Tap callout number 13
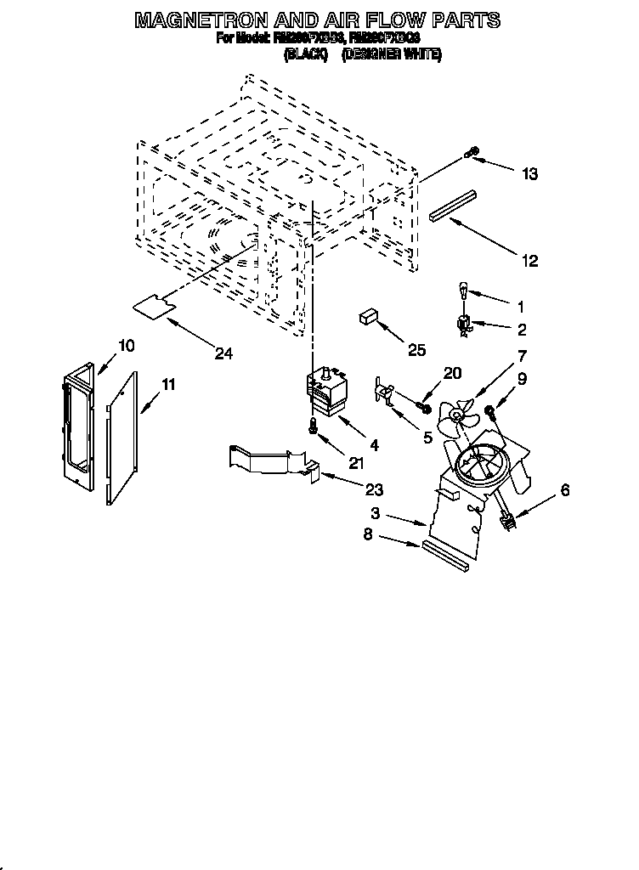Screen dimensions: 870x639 click(x=529, y=174)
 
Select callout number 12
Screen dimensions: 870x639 click(x=529, y=261)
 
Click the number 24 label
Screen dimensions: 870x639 click(x=223, y=353)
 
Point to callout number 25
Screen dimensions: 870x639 click(x=416, y=348)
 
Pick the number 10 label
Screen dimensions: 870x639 click(x=126, y=345)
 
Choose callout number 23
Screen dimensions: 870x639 click(x=373, y=489)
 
